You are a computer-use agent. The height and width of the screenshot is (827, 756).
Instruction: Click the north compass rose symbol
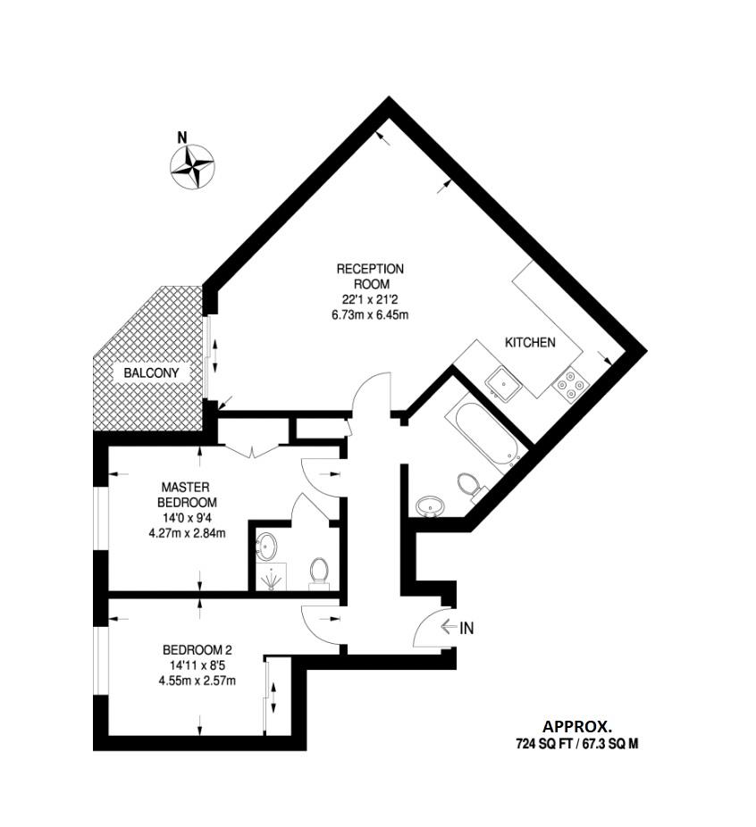[192, 165]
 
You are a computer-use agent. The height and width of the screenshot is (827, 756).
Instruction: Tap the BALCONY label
[152, 372]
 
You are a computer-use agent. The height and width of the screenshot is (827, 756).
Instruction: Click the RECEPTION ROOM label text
[370, 276]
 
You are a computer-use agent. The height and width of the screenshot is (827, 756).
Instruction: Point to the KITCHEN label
[530, 342]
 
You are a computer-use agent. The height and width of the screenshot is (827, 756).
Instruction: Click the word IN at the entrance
[466, 628]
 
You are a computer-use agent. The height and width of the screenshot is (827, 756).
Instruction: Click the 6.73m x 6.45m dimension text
[370, 314]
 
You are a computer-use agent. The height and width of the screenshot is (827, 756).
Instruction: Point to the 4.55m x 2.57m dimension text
[197, 681]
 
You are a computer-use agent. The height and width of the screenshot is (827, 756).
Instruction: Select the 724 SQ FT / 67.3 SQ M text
[577, 743]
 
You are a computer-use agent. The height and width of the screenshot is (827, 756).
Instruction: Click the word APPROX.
[577, 726]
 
